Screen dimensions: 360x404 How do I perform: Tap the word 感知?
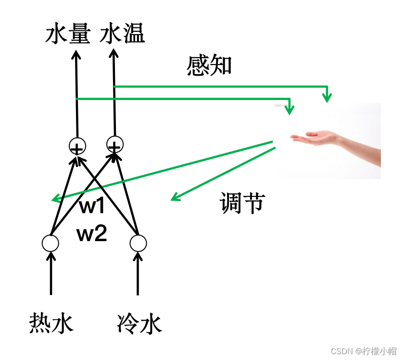point(209,66)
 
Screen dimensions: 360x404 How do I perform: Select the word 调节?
point(242,203)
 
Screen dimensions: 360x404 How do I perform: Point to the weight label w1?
point(92,206)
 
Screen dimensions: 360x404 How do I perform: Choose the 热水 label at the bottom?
point(51,323)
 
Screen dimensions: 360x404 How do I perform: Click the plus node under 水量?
point(77,145)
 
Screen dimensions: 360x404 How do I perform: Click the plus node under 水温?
point(115,143)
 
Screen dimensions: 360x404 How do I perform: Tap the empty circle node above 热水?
point(50,243)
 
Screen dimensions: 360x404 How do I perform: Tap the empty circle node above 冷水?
point(138,243)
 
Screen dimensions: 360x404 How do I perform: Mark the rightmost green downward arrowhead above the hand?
point(327,98)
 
